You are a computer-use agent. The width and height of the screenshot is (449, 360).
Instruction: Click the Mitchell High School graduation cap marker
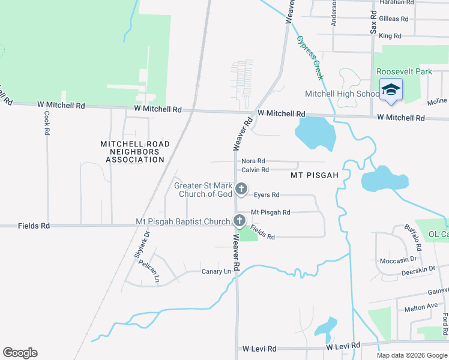[x=391, y=90]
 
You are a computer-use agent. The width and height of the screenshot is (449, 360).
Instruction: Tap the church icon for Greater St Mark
[x=241, y=190]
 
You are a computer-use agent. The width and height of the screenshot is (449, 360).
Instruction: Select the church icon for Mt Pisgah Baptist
[x=240, y=221]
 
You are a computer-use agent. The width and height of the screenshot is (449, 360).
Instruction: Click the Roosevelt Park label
[x=404, y=71]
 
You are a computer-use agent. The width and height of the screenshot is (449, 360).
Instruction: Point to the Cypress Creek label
[x=310, y=58]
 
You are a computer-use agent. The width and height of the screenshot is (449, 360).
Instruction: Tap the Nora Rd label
[x=253, y=161]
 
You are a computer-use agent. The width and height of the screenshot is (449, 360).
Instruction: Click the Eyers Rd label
[x=266, y=194]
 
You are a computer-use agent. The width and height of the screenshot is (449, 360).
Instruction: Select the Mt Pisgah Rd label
[x=270, y=212]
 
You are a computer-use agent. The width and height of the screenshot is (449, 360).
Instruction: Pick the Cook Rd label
[x=46, y=122]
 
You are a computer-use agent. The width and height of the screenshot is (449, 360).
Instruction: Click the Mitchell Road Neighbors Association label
[x=135, y=152]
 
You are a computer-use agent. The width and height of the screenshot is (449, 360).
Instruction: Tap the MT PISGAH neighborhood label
[x=315, y=175]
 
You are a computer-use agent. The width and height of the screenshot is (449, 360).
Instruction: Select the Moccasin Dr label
[x=398, y=260]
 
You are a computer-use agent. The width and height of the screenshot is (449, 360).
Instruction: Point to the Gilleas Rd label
[x=394, y=19]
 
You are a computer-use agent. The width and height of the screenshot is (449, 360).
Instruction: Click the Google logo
[x=20, y=353]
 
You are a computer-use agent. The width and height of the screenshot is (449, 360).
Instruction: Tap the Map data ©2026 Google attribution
[x=411, y=355]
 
